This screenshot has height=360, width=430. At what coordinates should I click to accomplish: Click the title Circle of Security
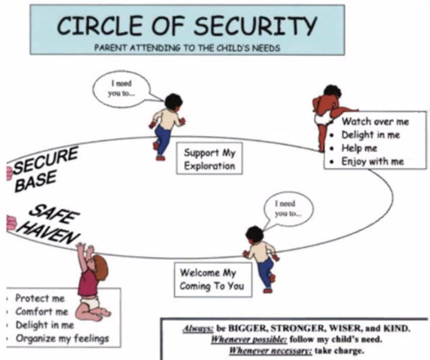[186, 26]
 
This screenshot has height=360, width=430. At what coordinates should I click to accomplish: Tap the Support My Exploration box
[209, 159]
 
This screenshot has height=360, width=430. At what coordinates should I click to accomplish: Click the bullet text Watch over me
[375, 122]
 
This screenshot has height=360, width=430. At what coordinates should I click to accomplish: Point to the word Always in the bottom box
[198, 328]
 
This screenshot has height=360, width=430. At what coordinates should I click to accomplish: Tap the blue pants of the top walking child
[163, 140]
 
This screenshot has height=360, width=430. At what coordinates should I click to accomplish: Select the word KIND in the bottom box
[398, 328]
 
